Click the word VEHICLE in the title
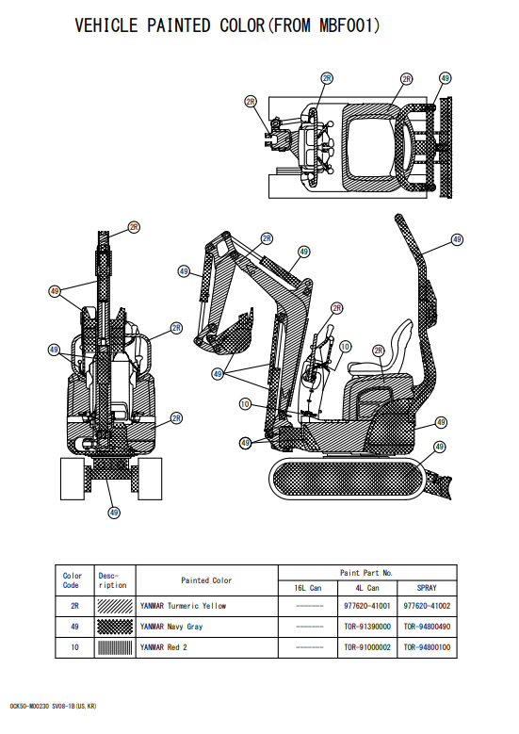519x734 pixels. pyautogui.click(x=106, y=25)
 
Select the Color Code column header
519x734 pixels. pyautogui.click(x=73, y=580)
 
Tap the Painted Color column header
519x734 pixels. pyautogui.click(x=206, y=580)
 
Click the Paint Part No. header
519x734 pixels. pyautogui.click(x=366, y=573)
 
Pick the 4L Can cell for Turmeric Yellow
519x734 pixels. pyautogui.click(x=367, y=606)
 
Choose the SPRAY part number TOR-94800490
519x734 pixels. pyautogui.click(x=427, y=627)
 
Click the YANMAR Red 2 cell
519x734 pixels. pyautogui.click(x=164, y=647)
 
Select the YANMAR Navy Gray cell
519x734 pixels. pyautogui.click(x=171, y=627)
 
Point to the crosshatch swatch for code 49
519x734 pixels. pyautogui.click(x=115, y=627)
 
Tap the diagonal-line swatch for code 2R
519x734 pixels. pyautogui.click(x=115, y=606)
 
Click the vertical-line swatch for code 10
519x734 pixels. pyautogui.click(x=115, y=648)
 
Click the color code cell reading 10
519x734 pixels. pyautogui.click(x=74, y=647)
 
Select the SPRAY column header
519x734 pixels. pyautogui.click(x=427, y=588)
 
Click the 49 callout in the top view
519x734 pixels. pyautogui.click(x=445, y=78)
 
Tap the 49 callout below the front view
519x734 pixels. pyautogui.click(x=114, y=513)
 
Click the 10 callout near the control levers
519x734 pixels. pyautogui.click(x=345, y=347)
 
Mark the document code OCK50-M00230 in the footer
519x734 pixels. pyautogui.click(x=29, y=707)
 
